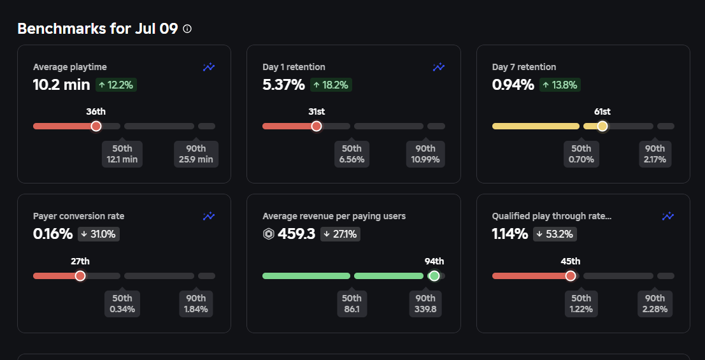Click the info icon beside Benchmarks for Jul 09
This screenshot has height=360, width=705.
tap(187, 29)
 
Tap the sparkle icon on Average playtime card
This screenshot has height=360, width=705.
tap(209, 67)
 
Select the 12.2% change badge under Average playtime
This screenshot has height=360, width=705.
tap(117, 85)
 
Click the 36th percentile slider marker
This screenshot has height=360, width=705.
tap(96, 126)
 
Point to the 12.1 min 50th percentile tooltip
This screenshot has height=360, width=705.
tap(122, 154)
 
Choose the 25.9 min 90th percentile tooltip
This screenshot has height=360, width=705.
tap(196, 154)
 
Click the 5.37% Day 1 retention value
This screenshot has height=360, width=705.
tap(283, 85)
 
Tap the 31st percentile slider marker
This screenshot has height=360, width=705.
tap(317, 126)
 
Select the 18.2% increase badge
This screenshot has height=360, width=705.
tap(331, 85)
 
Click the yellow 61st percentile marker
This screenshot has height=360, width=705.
tap(602, 126)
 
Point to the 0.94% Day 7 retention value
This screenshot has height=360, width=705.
tap(513, 85)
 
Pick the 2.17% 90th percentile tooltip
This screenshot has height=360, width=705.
tap(655, 154)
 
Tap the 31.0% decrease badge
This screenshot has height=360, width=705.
tap(99, 234)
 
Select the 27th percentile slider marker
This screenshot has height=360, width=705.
tap(80, 276)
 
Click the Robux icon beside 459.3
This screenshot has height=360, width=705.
tap(269, 234)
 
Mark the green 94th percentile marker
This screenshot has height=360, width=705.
tap(434, 276)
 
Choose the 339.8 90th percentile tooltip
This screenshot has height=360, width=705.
tap(425, 303)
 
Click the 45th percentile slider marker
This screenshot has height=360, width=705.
tap(571, 276)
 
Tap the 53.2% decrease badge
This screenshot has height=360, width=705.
tap(556, 234)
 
